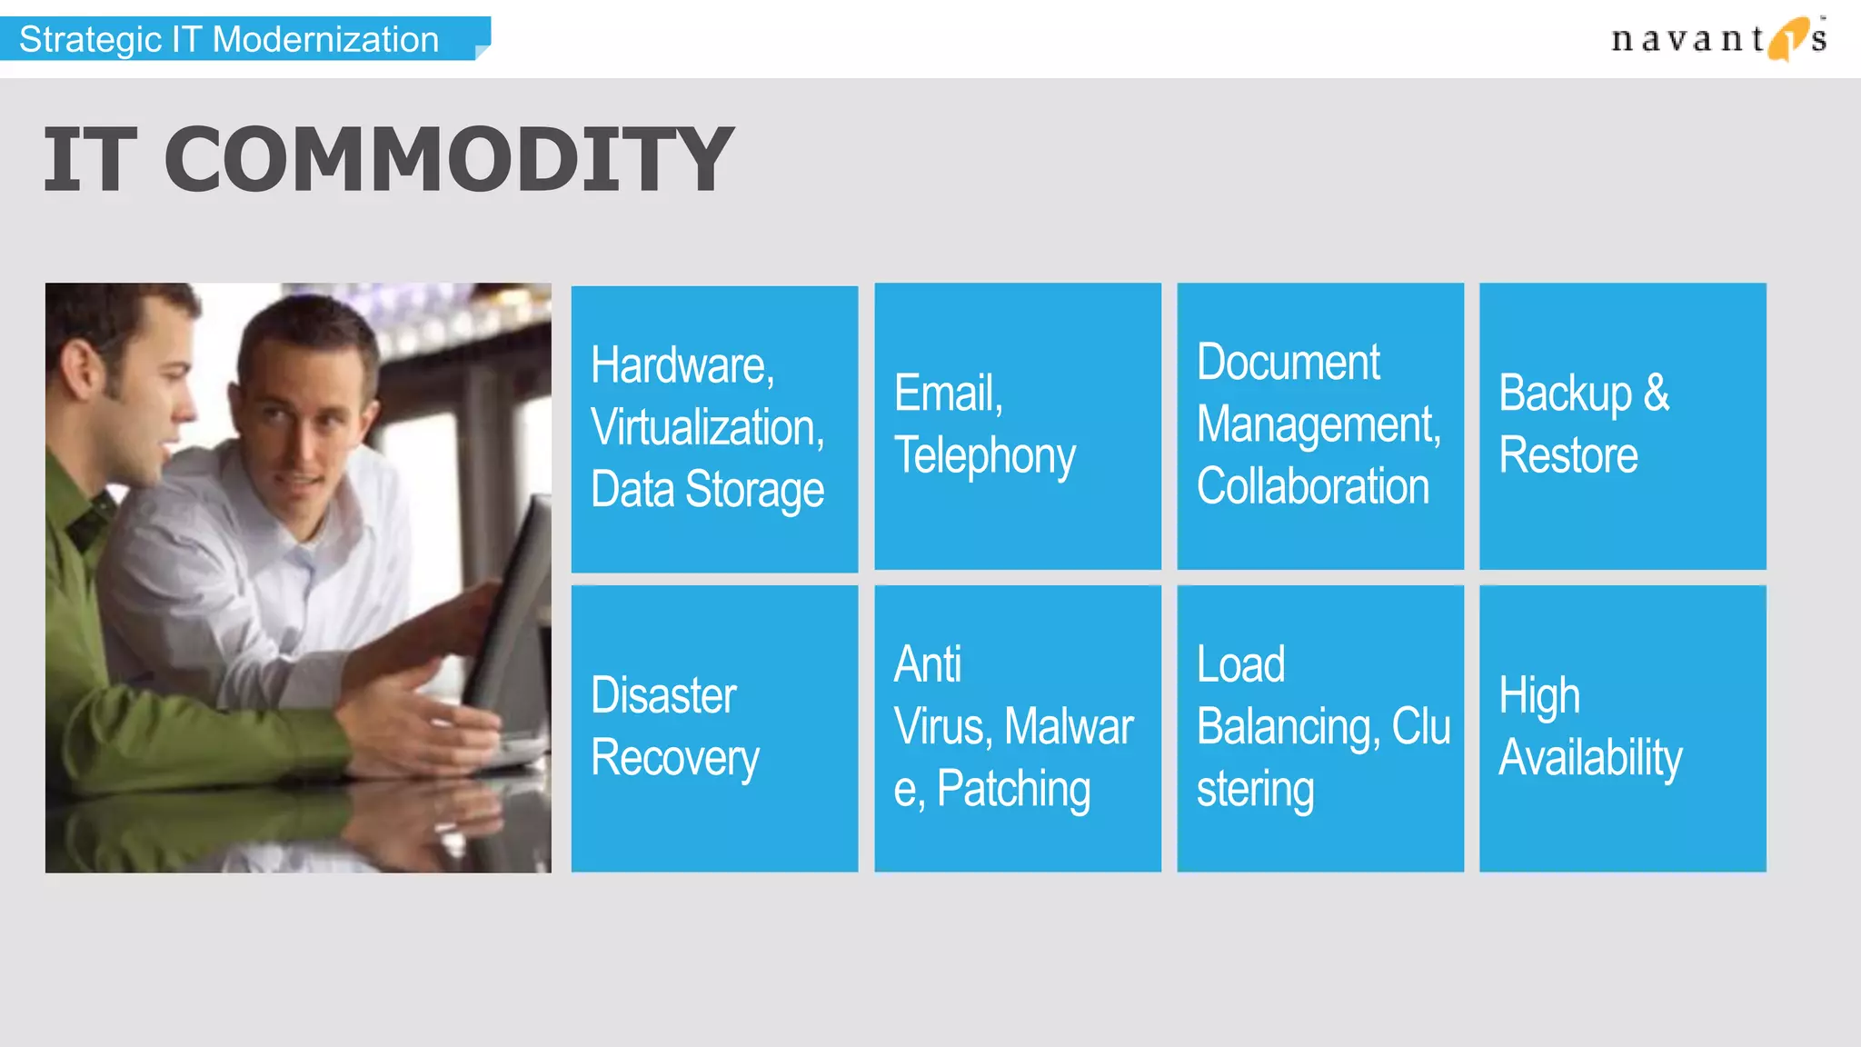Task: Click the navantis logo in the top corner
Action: point(1717,39)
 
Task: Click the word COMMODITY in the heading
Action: point(449,160)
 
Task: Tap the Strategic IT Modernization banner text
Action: point(229,40)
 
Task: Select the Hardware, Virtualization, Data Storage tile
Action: point(714,429)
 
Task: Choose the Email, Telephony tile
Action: point(1018,426)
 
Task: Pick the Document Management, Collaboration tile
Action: point(1320,426)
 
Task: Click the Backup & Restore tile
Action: point(1623,426)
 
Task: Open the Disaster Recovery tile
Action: point(714,729)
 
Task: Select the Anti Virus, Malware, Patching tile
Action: point(1018,729)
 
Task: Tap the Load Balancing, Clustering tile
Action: point(1320,729)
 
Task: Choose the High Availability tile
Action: point(1623,729)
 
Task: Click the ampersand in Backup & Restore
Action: point(1657,394)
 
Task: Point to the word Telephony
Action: point(985,456)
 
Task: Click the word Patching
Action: point(1013,789)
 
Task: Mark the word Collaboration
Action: point(1313,487)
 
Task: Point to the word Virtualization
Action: point(707,428)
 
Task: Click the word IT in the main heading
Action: point(90,160)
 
